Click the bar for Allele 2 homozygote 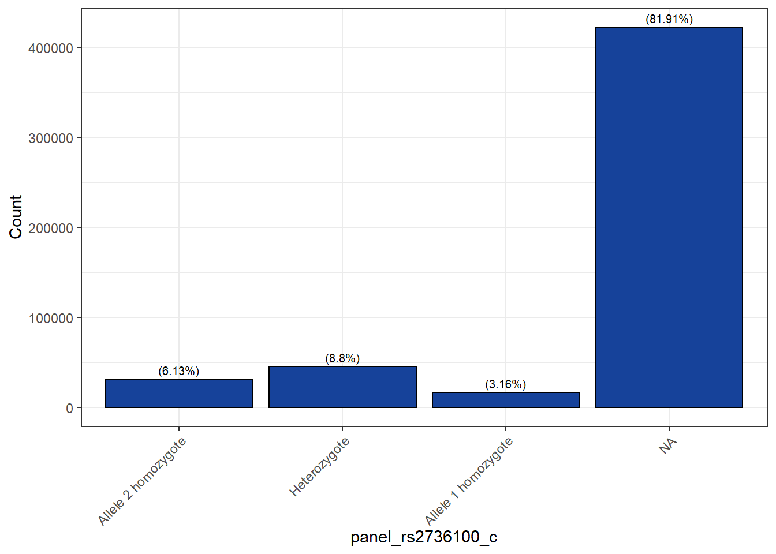pyautogui.click(x=179, y=393)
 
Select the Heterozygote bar pyautogui.click(x=342, y=387)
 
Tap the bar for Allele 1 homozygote pyautogui.click(x=506, y=400)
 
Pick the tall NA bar pyautogui.click(x=669, y=217)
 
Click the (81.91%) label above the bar pyautogui.click(x=669, y=19)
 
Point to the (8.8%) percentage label pyautogui.click(x=342, y=358)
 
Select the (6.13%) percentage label pyautogui.click(x=179, y=371)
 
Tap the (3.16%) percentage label pyautogui.click(x=506, y=384)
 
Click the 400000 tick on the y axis pyautogui.click(x=51, y=48)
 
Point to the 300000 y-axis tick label pyautogui.click(x=51, y=138)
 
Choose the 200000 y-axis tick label pyautogui.click(x=51, y=228)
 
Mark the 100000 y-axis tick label pyautogui.click(x=51, y=318)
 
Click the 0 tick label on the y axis pyautogui.click(x=70, y=408)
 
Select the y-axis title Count pyautogui.click(x=16, y=216)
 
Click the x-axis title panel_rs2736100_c pyautogui.click(x=424, y=537)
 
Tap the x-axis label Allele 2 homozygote pyautogui.click(x=142, y=481)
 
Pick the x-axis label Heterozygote pyautogui.click(x=319, y=467)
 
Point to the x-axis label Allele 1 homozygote pyautogui.click(x=469, y=481)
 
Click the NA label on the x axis pyautogui.click(x=667, y=446)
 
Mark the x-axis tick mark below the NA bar pyautogui.click(x=669, y=429)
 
